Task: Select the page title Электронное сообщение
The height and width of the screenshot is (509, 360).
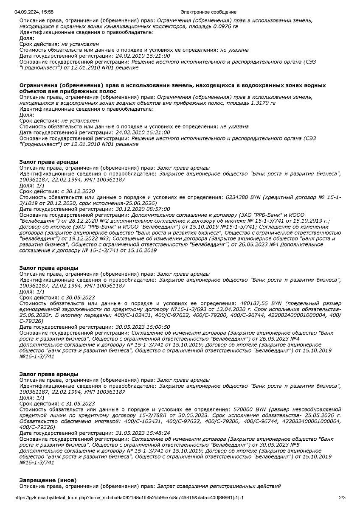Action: pos(208,12)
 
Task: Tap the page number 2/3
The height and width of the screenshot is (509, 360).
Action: pos(342,498)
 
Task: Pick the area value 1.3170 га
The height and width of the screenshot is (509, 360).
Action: pos(261,103)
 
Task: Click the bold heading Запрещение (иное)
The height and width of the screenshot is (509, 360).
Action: pos(48,480)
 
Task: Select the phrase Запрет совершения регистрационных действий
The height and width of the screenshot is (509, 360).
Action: pos(219,486)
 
